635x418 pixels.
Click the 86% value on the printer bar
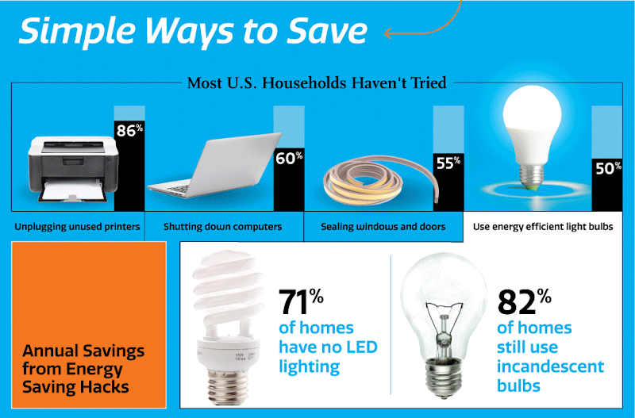click(x=129, y=130)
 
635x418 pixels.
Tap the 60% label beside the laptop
click(x=289, y=158)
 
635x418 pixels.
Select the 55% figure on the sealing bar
click(x=448, y=163)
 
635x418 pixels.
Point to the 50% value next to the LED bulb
click(x=608, y=168)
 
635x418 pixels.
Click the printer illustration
click(x=73, y=169)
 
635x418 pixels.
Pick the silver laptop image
click(x=214, y=165)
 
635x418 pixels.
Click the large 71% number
click(x=301, y=301)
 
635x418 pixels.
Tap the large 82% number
click(x=524, y=301)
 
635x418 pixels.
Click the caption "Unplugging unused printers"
click(x=77, y=227)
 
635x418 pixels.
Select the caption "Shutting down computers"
click(x=223, y=227)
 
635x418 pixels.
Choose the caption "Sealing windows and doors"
click(x=383, y=227)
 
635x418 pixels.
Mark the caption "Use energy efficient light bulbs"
click(x=543, y=227)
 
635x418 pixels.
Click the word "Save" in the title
click(x=327, y=31)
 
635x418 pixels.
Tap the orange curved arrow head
click(x=388, y=33)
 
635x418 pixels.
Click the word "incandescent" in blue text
click(x=550, y=366)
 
